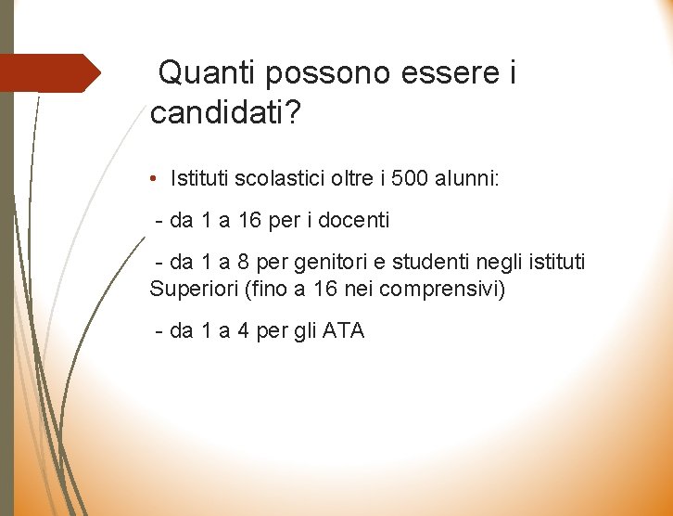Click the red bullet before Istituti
point(156,178)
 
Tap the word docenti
point(356,221)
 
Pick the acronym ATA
point(343,330)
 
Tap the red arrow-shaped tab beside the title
point(51,72)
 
